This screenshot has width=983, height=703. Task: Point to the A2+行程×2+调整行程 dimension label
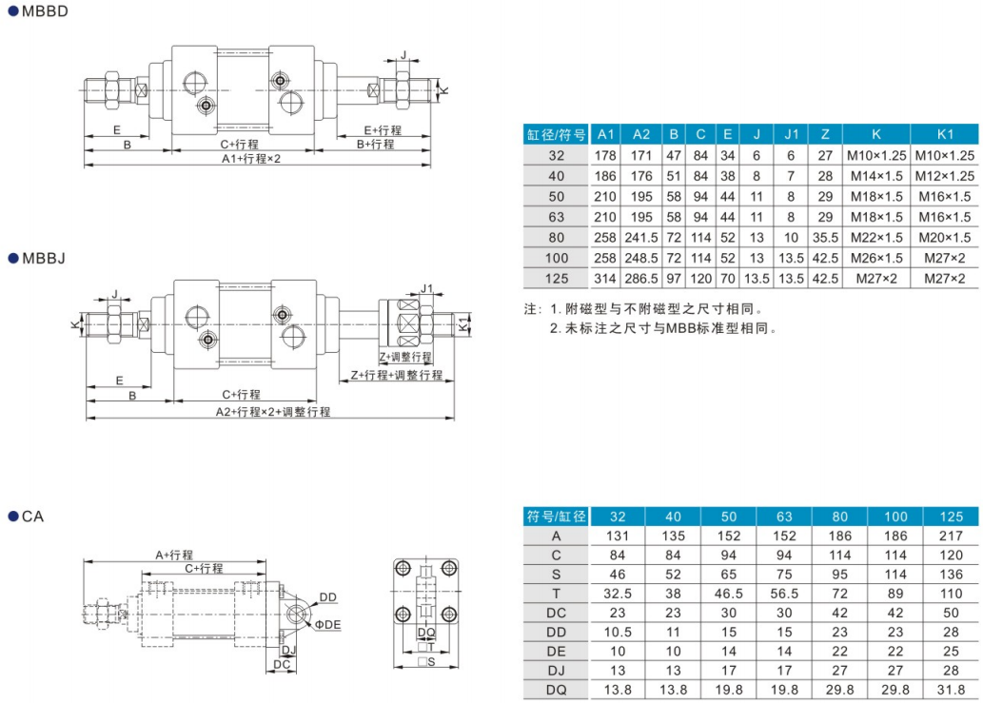pyautogui.click(x=273, y=411)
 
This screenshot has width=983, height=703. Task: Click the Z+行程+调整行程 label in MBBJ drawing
pyautogui.click(x=396, y=375)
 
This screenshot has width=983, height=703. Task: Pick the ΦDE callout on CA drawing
pyautogui.click(x=327, y=624)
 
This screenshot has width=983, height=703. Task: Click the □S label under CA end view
pyautogui.click(x=426, y=662)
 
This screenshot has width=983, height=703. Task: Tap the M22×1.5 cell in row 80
pyautogui.click(x=875, y=237)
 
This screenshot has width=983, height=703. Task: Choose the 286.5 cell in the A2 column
pyautogui.click(x=641, y=279)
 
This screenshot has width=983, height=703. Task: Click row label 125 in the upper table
pyautogui.click(x=557, y=279)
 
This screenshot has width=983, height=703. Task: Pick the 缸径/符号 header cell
pyautogui.click(x=557, y=133)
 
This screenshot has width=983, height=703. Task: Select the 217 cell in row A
pyautogui.click(x=951, y=536)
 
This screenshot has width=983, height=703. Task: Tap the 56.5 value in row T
pyautogui.click(x=784, y=593)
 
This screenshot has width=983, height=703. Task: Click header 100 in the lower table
pyautogui.click(x=895, y=517)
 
